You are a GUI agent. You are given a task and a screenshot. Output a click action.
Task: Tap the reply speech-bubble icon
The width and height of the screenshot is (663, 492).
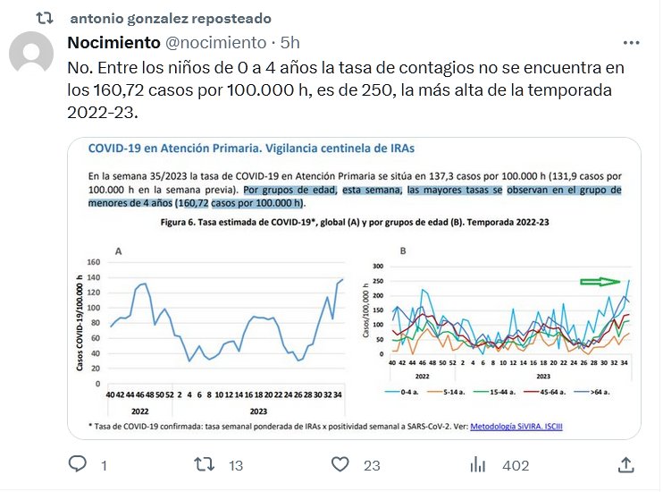78,464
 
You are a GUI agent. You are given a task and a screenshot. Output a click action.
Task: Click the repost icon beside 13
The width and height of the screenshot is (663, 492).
206,464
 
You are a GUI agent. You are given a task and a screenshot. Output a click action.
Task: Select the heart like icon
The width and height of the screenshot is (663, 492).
340,464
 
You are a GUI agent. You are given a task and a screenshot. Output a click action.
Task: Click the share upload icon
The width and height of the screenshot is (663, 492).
626,464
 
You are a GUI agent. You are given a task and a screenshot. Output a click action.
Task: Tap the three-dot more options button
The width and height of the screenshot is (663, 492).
630,43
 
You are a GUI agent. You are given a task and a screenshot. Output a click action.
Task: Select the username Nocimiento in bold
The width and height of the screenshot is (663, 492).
113,43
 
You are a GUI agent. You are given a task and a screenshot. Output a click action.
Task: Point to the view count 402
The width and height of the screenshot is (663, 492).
516,465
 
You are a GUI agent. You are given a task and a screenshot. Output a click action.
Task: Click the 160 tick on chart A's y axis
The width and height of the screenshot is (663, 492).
92,264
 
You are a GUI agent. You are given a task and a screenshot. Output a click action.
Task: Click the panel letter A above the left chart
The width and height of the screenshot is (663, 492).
119,251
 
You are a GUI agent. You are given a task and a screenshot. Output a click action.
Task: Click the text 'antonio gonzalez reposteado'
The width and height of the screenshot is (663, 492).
171,19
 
